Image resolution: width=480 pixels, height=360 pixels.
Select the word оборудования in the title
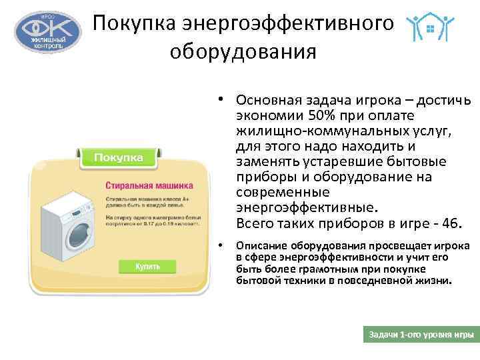pos(243,51)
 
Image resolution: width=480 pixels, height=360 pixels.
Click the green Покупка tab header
pos(119,157)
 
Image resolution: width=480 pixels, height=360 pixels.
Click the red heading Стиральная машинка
pos(149,184)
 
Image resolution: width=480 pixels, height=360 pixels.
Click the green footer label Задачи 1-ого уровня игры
pos(421,333)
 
